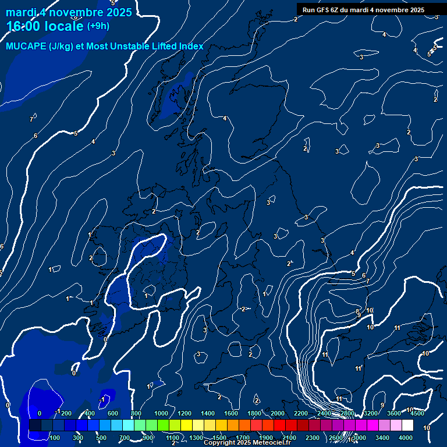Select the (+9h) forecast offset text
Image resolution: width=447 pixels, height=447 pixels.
point(97,26)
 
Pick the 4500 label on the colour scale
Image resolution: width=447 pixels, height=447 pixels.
point(417,413)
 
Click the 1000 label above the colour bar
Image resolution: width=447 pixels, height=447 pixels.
point(161,413)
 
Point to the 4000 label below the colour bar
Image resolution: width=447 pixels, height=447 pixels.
point(406,438)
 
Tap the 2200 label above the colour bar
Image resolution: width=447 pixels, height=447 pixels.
point(301,413)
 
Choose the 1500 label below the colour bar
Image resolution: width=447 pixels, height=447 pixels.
point(219,438)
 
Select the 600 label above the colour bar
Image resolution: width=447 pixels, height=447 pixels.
point(112,413)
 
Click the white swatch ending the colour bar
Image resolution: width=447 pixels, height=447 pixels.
point(407,425)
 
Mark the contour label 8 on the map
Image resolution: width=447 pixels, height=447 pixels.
point(357,312)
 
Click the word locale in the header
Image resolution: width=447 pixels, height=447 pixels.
point(64,27)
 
